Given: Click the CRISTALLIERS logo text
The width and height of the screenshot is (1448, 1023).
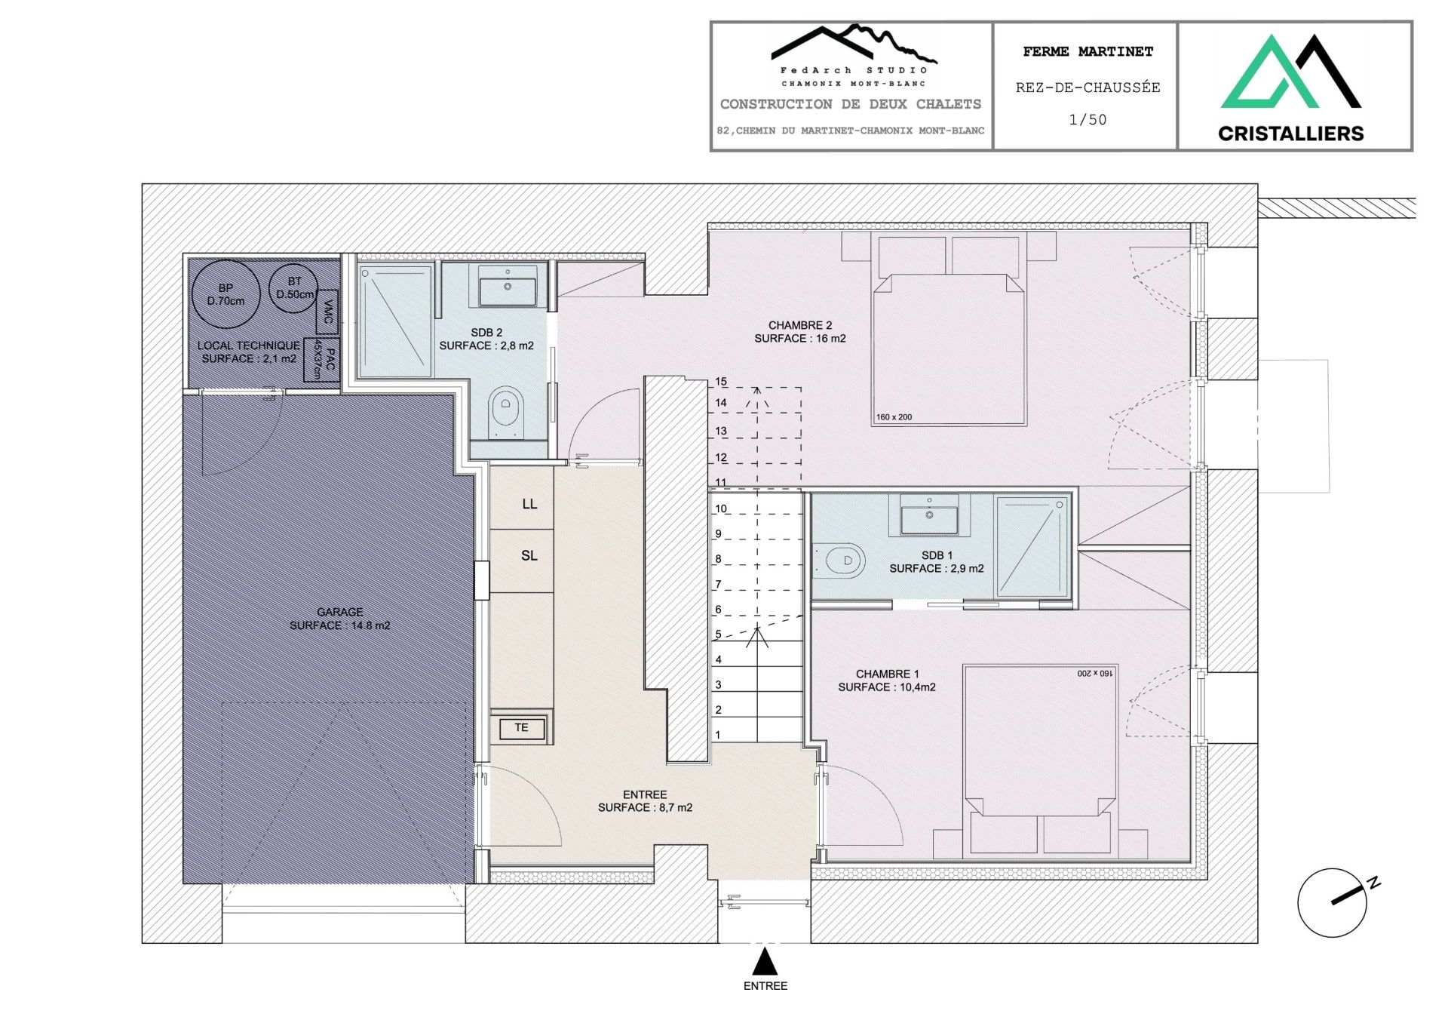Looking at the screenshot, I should (x=1290, y=134).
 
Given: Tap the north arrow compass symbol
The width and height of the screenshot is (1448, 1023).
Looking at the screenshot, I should (x=1332, y=902).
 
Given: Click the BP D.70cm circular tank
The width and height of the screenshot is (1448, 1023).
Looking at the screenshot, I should (x=225, y=294).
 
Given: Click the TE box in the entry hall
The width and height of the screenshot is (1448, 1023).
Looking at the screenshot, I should (x=521, y=728).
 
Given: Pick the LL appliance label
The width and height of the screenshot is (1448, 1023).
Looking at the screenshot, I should (x=529, y=504).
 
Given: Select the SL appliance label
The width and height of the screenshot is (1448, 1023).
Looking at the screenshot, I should (x=529, y=556).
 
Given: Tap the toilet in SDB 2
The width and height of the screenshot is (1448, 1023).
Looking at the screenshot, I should (x=506, y=411).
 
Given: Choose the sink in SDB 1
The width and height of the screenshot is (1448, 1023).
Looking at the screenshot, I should (x=929, y=518).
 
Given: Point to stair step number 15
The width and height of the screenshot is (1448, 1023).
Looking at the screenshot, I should (x=721, y=382).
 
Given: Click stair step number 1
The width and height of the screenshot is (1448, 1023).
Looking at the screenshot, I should (x=718, y=735).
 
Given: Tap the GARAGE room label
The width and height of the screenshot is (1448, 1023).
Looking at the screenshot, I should (x=339, y=612).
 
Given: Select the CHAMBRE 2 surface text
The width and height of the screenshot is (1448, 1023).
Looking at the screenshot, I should (x=799, y=339).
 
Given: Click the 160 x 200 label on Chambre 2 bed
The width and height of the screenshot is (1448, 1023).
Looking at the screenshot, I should (x=894, y=417).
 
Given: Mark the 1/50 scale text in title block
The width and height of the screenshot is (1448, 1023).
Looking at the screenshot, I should (x=1088, y=120).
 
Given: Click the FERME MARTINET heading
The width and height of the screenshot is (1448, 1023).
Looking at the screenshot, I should (x=1088, y=52).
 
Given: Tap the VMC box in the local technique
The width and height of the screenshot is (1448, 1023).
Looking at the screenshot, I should (x=327, y=312).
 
